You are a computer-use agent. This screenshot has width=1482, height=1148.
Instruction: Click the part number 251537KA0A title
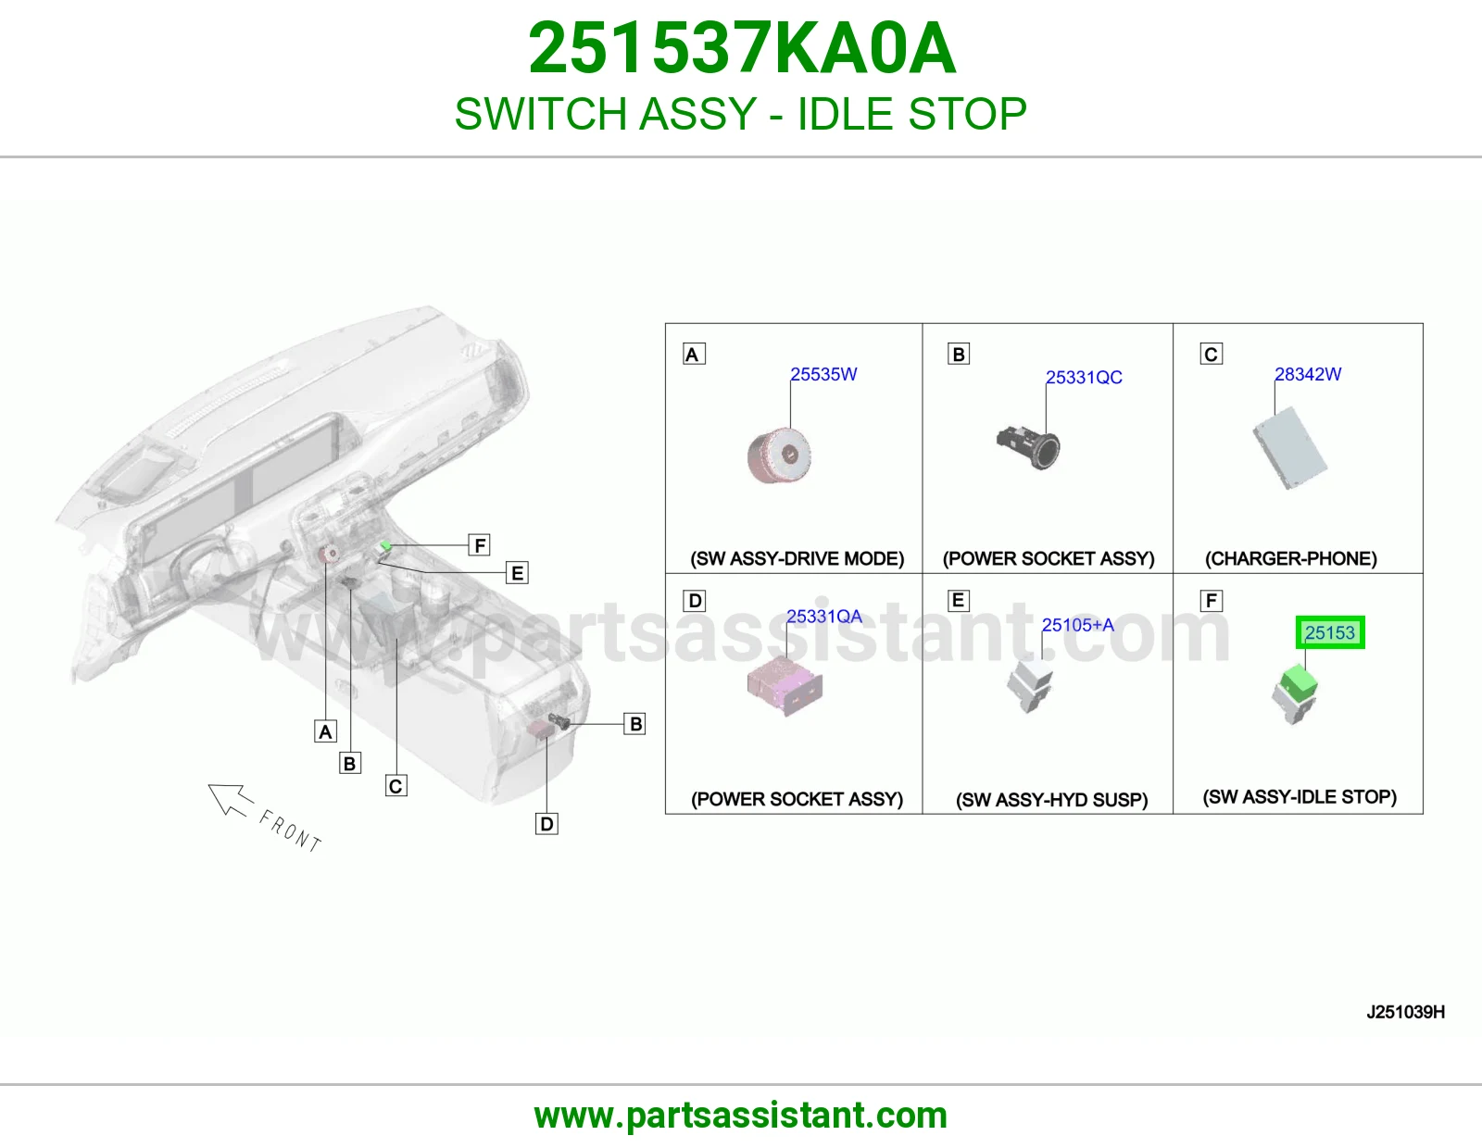tap(742, 48)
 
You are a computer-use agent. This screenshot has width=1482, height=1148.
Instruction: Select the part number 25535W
tap(823, 374)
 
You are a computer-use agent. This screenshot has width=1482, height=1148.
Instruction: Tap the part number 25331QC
tap(1084, 377)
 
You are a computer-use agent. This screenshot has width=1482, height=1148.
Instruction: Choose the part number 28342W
tap(1308, 374)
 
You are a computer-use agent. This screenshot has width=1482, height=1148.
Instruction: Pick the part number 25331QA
tap(823, 617)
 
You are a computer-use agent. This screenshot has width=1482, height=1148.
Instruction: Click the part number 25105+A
tap(1077, 624)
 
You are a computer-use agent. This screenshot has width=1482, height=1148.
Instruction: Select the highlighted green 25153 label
tap(1330, 632)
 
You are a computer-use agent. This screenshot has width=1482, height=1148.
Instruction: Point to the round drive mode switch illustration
tap(780, 455)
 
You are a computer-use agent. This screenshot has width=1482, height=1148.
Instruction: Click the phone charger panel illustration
tap(1289, 447)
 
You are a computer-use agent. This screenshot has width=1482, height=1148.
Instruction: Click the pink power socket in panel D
tap(785, 685)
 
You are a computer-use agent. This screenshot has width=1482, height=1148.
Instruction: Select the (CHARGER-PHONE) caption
tap(1290, 558)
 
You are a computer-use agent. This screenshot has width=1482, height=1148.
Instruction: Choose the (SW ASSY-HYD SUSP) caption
tap(1051, 799)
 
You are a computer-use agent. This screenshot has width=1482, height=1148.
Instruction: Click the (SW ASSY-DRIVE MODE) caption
tap(797, 558)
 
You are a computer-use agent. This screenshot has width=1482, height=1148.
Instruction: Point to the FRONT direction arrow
tap(231, 800)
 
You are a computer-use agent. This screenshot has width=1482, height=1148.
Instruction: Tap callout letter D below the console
tap(546, 824)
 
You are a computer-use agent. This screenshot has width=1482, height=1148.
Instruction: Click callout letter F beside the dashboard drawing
tap(480, 544)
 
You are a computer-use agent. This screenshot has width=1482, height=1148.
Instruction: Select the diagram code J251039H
tap(1406, 1012)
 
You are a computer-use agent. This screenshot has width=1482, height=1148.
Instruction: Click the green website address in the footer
tap(741, 1116)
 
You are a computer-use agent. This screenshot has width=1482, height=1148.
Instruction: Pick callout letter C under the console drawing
tap(396, 786)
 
